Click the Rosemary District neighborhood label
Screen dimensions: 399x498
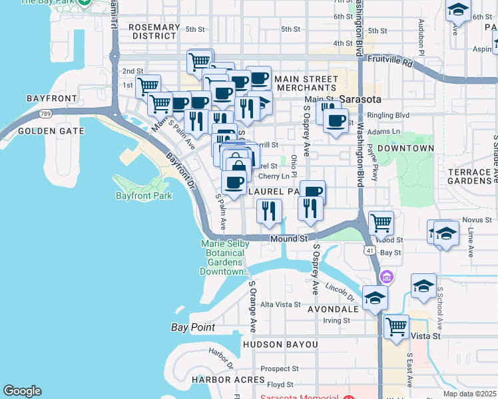point(154,31)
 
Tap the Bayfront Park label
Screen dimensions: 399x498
point(144,196)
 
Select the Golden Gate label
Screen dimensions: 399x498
point(51,131)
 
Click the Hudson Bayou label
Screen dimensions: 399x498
point(280,344)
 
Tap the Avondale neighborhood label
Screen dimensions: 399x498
point(333,309)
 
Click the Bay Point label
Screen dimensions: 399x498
point(193,327)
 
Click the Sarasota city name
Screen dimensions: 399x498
point(360,100)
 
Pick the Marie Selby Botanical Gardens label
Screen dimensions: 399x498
point(225,257)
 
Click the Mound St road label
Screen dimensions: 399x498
point(288,238)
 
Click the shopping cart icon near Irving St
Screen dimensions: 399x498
point(397,327)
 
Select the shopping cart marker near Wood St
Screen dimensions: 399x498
point(381,223)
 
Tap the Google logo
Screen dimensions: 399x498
point(22,391)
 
